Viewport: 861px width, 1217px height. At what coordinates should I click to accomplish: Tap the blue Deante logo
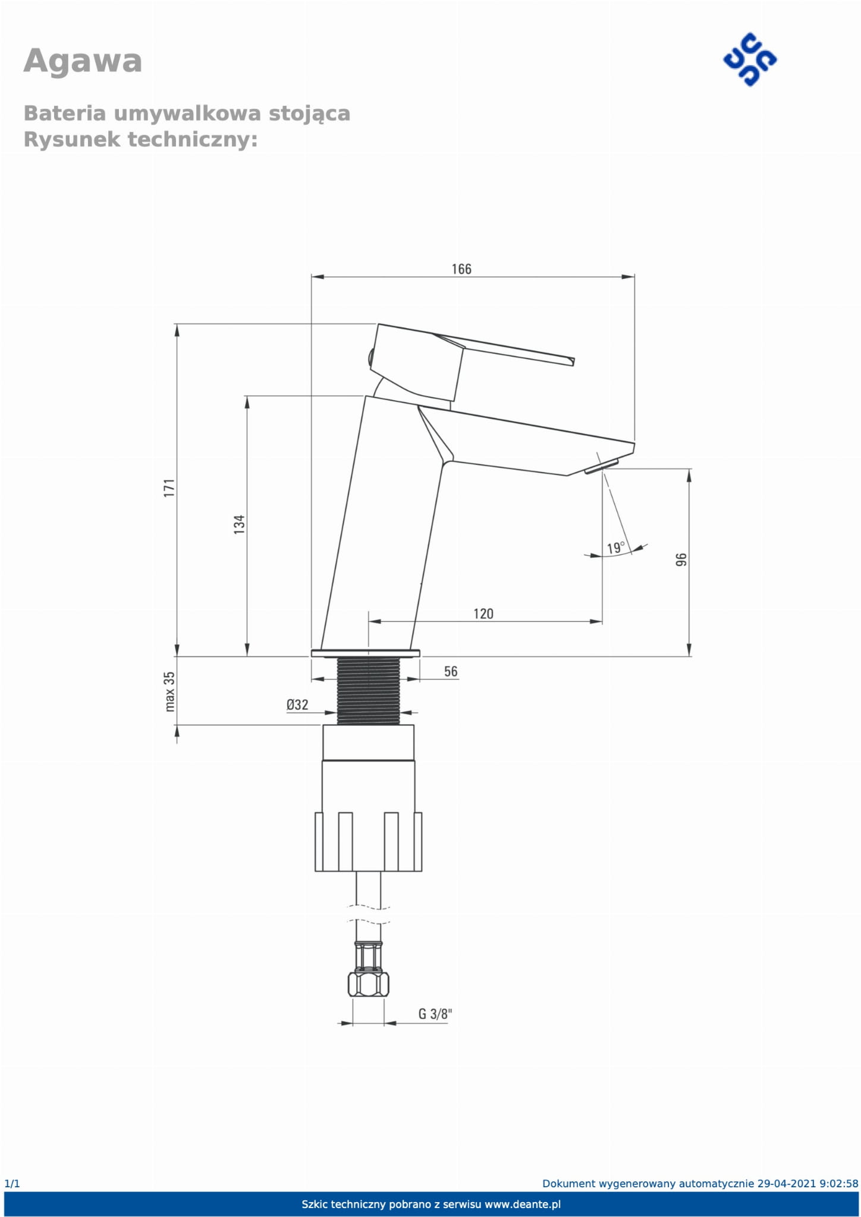[x=750, y=60]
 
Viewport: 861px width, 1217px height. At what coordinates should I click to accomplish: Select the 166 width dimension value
[x=461, y=269]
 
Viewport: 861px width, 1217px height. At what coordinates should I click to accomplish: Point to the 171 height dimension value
[x=170, y=488]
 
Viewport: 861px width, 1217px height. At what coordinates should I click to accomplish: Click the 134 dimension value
[x=239, y=524]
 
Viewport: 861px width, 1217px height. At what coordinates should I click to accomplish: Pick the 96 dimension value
[x=681, y=559]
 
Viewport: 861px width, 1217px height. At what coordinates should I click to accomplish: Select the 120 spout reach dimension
[x=483, y=614]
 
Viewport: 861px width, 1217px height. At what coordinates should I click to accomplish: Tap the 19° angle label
[x=616, y=547]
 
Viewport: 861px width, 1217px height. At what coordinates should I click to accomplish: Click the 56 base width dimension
[x=451, y=671]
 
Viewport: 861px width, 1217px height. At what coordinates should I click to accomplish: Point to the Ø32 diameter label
[x=297, y=705]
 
